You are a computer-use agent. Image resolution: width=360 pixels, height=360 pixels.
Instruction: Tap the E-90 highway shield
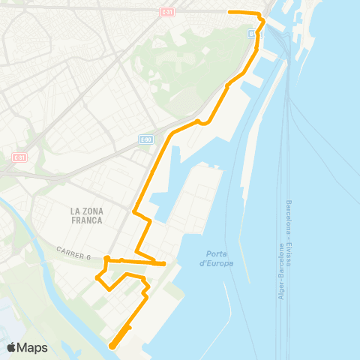145,139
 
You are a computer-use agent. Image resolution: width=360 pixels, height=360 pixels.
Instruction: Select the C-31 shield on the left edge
19,157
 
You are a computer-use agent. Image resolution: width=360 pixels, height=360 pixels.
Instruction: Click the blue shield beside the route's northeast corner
251,33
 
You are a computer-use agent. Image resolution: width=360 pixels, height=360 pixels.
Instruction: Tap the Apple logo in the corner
12,348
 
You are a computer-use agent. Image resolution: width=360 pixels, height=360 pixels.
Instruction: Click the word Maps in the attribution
33,348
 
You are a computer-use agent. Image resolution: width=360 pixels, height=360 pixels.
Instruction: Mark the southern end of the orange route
112,346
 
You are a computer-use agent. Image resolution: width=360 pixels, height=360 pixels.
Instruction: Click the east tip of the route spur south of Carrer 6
163,263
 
